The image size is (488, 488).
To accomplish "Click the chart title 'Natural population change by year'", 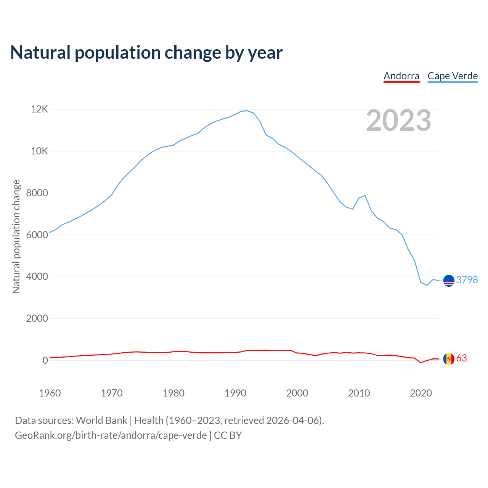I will [x=146, y=53].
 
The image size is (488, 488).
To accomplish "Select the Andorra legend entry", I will [x=401, y=76].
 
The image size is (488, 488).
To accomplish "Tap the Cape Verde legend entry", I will [x=453, y=76].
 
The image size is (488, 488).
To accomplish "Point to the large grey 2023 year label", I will [x=398, y=120].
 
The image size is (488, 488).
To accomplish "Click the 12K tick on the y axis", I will [x=39, y=109].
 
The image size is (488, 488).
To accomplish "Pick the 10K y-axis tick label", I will [x=39, y=151].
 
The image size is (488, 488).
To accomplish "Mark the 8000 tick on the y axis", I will [x=37, y=193].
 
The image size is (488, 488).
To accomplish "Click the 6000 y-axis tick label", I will [x=37, y=235].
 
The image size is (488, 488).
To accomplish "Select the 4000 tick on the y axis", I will [x=37, y=276].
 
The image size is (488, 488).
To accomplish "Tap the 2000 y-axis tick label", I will [x=37, y=318].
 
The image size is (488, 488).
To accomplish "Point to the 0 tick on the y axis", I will [x=45, y=360].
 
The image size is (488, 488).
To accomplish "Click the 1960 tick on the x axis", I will [x=50, y=393].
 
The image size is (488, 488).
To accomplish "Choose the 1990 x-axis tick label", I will [x=235, y=393].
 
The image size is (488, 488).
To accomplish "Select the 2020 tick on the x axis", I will [x=421, y=393].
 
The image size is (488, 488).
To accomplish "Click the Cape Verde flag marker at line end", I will [x=449, y=281].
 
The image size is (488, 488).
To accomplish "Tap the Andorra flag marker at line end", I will [x=449, y=359].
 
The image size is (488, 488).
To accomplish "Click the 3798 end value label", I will [x=467, y=280].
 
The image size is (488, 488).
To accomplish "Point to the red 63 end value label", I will [x=462, y=358].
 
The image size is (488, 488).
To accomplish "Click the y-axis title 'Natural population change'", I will [x=16, y=237].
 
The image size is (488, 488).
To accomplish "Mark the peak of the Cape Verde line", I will [x=247, y=111].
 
